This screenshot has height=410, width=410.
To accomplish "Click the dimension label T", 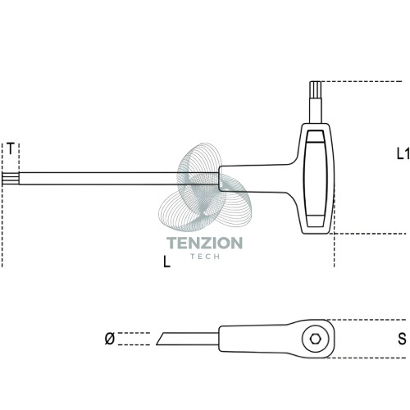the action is tap(10, 148).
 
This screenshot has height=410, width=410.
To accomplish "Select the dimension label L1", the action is tap(403, 154).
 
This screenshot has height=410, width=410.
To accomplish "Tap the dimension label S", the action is tap(402, 339).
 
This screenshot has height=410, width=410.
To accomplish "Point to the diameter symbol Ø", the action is tap(110, 339).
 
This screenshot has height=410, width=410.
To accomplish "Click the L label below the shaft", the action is tap(166, 262).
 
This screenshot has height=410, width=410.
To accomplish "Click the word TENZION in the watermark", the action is tap(204, 243).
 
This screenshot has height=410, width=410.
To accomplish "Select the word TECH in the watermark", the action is tap(205, 257).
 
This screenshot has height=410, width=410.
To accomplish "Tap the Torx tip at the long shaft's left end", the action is tap(11, 179).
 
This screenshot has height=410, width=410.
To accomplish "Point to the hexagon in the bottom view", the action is tap(316, 339).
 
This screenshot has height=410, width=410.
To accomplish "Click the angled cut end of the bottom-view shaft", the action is tap(160, 339).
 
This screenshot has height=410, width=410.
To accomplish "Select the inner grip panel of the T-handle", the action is tap(316, 179).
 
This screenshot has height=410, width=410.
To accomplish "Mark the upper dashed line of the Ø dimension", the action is tap(134, 333).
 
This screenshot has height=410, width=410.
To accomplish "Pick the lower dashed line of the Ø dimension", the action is tap(134, 344).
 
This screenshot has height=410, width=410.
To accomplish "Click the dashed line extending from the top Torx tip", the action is tap(362, 81).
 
